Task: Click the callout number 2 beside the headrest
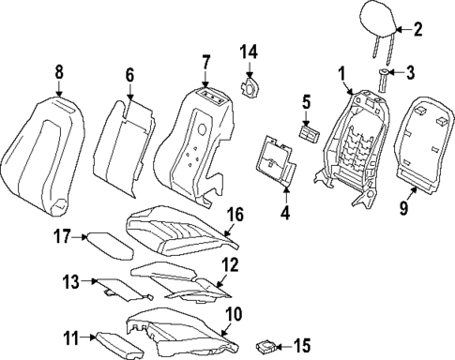(417, 29)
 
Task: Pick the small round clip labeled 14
(250, 88)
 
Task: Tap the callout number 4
(285, 212)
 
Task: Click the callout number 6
(130, 74)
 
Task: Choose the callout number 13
(71, 280)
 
